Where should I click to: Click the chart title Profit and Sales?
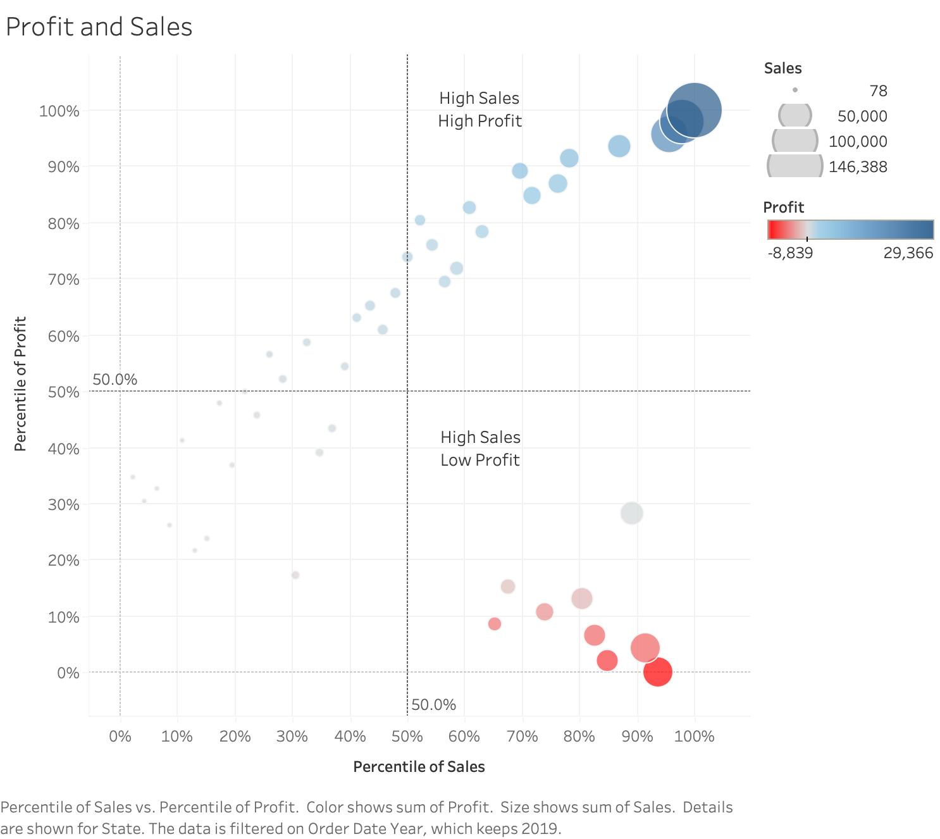click(x=99, y=27)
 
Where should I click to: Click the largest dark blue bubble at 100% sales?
click(x=695, y=110)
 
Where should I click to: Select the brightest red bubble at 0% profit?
click(x=657, y=671)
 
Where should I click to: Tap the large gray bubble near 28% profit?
click(x=631, y=513)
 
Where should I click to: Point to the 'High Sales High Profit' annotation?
click(x=479, y=109)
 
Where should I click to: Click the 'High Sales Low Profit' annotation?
click(x=480, y=449)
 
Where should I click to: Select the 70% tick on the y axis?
click(x=64, y=280)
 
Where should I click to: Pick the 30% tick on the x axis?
click(x=292, y=736)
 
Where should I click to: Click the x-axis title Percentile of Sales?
click(x=419, y=767)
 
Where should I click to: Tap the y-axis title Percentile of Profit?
click(x=20, y=383)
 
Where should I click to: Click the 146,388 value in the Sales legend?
click(x=858, y=167)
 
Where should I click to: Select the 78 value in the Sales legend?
click(x=878, y=91)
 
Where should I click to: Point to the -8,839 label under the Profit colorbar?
click(x=790, y=253)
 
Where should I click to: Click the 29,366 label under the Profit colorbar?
click(x=908, y=253)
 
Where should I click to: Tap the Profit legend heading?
click(x=783, y=208)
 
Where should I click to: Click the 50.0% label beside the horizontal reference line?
click(x=114, y=380)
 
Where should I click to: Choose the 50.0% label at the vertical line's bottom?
click(x=433, y=705)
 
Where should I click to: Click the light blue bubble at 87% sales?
click(x=619, y=146)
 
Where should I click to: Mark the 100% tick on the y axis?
click(x=59, y=111)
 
